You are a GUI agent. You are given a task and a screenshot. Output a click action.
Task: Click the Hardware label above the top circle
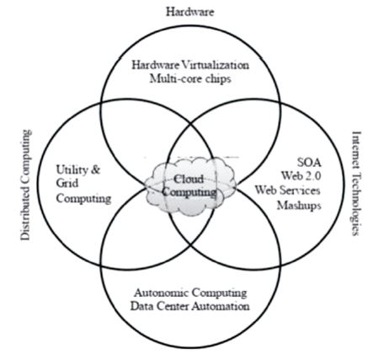click(190, 12)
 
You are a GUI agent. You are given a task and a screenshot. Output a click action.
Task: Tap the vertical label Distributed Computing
click(25, 185)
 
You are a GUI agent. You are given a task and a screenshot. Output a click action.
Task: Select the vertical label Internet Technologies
click(356, 183)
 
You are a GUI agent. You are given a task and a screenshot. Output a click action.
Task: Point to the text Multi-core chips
click(190, 78)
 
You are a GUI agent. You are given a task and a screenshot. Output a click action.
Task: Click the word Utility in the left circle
click(72, 170)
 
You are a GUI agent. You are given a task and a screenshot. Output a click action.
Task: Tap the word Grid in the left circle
click(67, 184)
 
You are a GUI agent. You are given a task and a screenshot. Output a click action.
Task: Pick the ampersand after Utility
click(95, 169)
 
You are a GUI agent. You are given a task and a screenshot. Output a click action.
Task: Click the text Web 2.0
click(301, 176)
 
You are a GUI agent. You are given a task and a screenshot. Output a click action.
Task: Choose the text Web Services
click(288, 191)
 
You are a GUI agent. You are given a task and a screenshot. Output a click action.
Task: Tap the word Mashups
click(299, 206)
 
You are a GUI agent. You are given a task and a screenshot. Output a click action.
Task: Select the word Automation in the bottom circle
click(221, 306)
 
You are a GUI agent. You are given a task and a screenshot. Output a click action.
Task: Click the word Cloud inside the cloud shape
click(189, 179)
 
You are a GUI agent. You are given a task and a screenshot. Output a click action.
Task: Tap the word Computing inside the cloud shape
click(189, 192)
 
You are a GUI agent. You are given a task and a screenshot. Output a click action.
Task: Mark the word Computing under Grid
click(83, 198)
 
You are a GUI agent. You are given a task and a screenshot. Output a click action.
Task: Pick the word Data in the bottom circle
click(142, 306)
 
